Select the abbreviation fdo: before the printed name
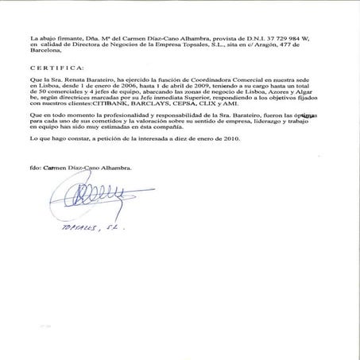[34, 168]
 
